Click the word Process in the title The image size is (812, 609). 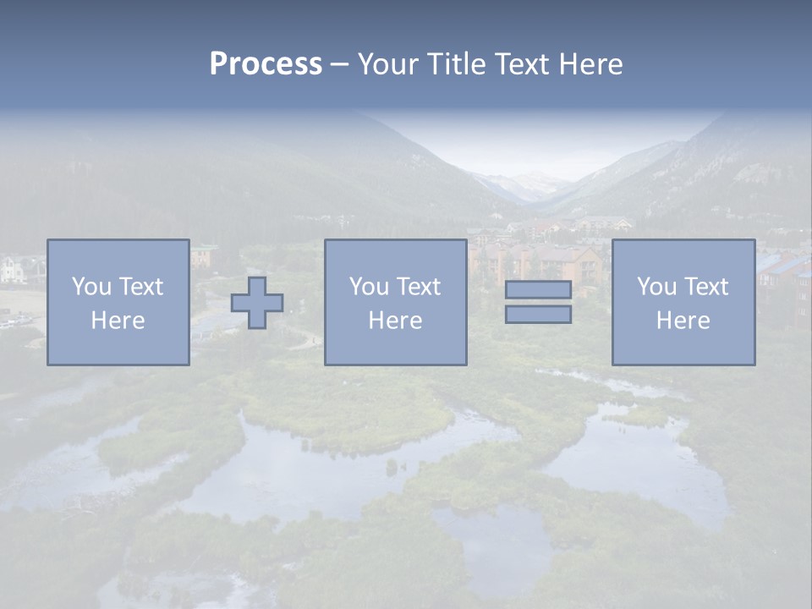point(266,63)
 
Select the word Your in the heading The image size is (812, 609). point(386,63)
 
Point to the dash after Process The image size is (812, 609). point(339,64)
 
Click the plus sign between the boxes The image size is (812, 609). point(257,302)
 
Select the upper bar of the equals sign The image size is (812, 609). point(538,289)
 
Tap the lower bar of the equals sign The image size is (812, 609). point(538,314)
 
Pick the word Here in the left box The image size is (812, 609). point(118,321)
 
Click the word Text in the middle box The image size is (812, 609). point(418,287)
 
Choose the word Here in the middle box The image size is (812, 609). point(395,321)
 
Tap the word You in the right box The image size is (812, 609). point(656,287)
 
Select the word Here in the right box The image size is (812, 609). point(683,321)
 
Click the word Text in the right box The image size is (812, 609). point(705,287)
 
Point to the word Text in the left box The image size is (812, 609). point(140,287)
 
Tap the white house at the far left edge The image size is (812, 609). point(13,269)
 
